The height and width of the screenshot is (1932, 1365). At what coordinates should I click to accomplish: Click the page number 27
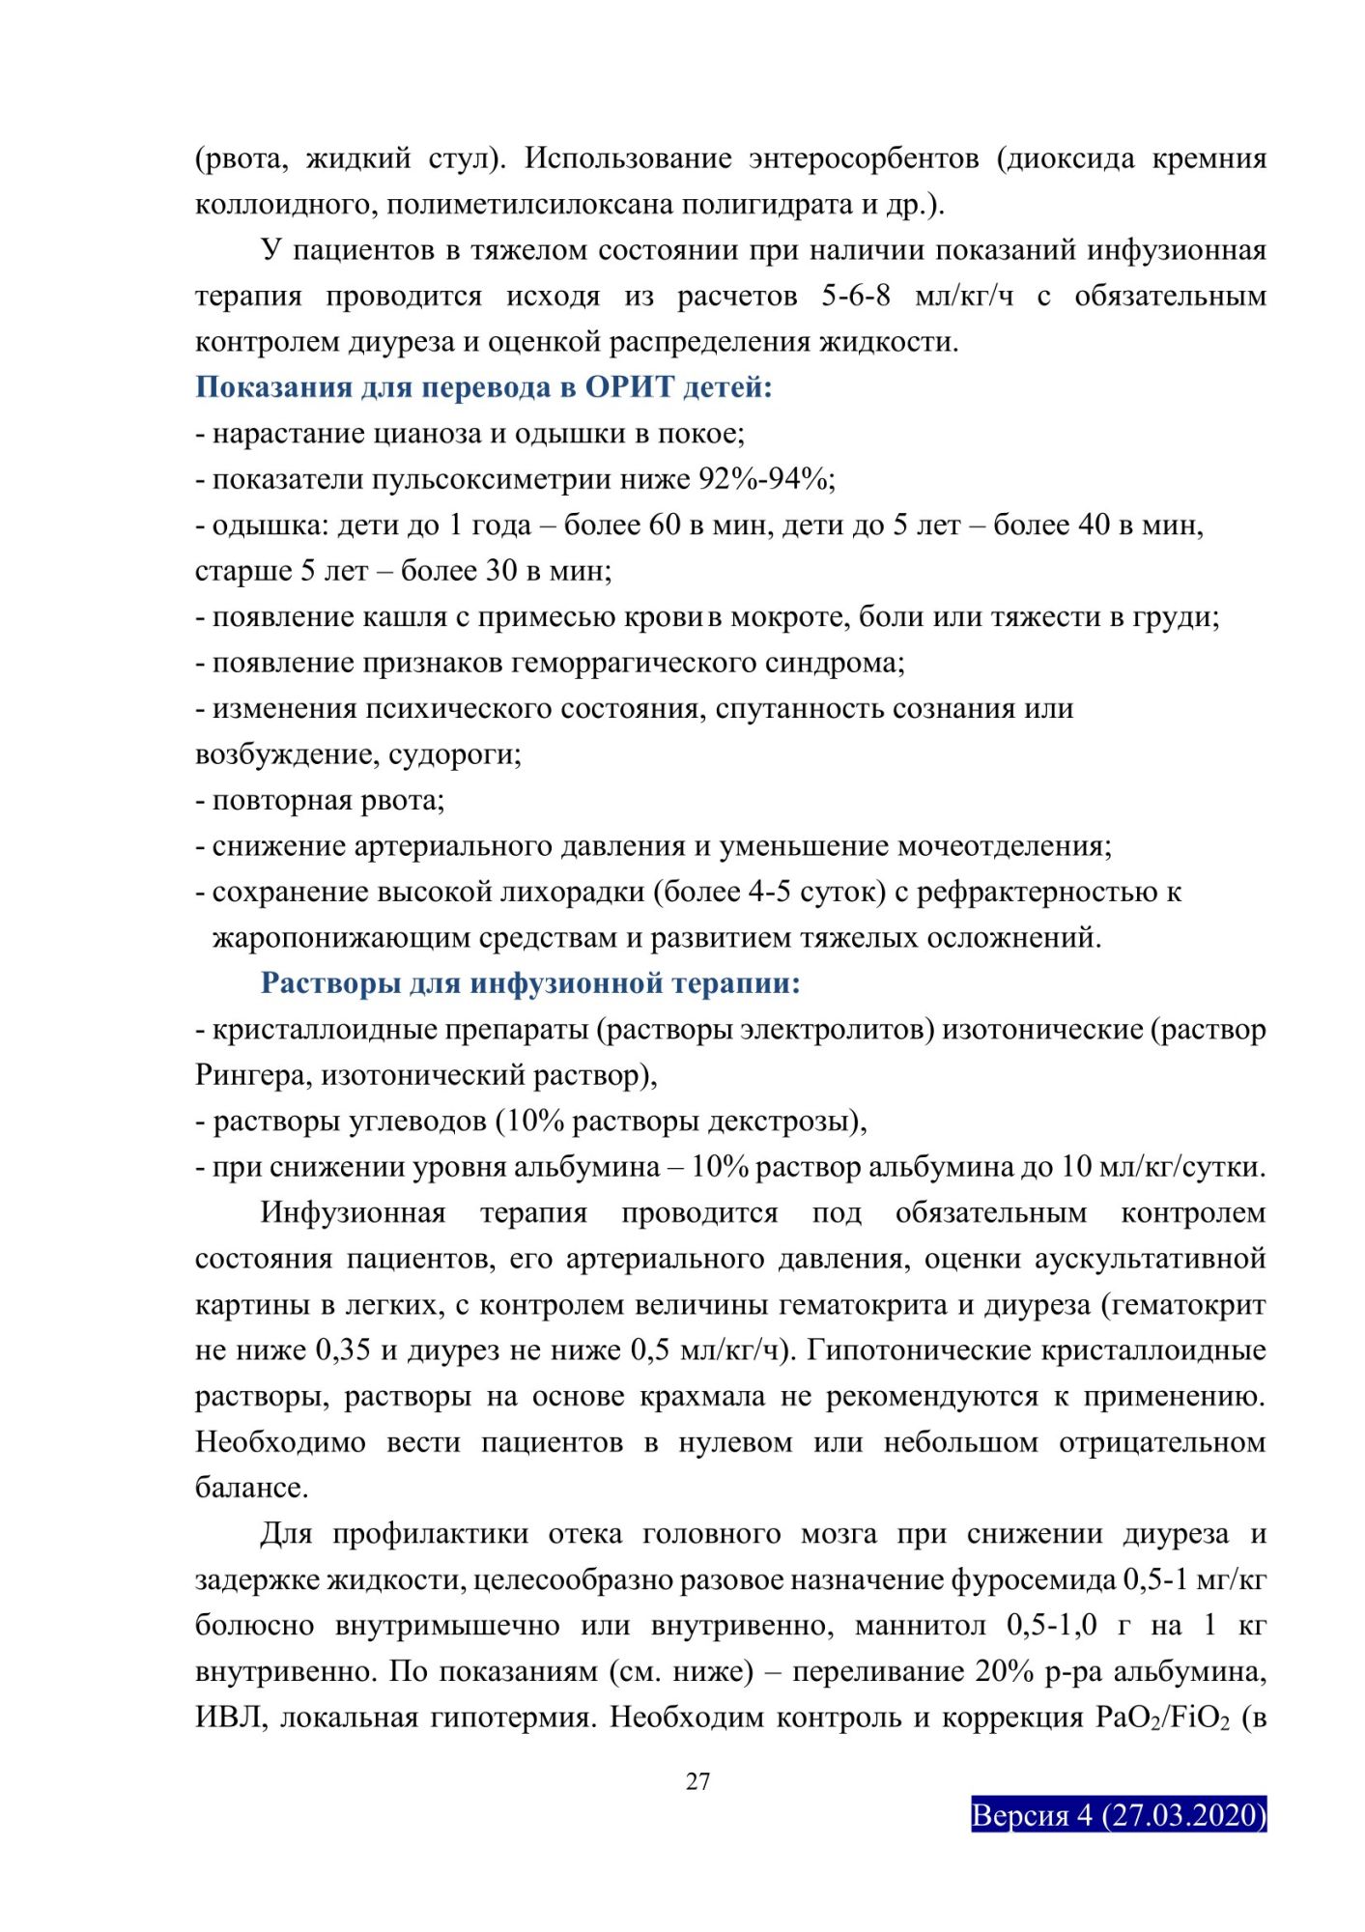pos(697,1781)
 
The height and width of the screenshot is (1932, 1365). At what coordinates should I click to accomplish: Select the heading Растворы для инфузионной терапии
pos(530,983)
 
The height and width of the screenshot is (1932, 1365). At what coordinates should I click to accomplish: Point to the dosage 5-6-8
pos(856,296)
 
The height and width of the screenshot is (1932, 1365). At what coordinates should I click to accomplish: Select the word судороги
pos(453,754)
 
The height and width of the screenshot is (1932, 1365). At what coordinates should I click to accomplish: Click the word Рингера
pos(249,1075)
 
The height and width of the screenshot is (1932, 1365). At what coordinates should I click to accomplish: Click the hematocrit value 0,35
pos(343,1350)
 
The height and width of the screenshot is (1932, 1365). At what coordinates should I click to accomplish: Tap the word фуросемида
pos(1034,1580)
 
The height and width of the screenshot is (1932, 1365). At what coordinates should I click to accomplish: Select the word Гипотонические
pos(916,1350)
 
